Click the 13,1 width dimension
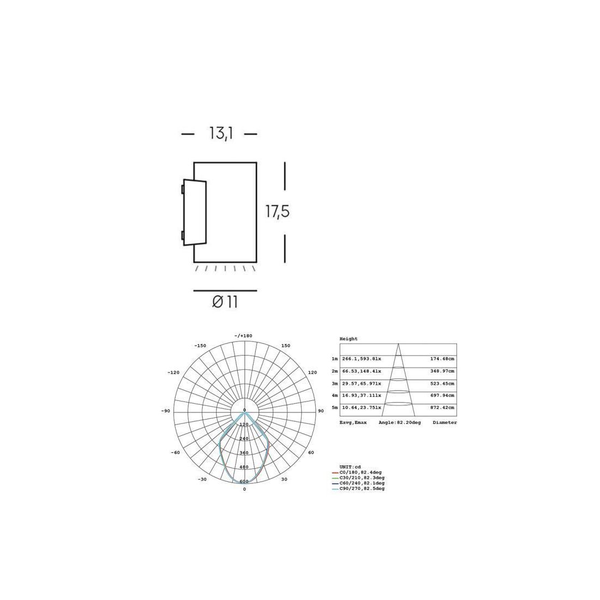221,134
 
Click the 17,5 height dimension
278,212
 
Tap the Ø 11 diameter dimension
225,302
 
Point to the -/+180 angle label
243,336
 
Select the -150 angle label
200,345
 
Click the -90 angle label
165,411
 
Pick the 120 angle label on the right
313,373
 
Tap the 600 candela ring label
244,482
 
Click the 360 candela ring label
244,453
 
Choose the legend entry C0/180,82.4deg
361,472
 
